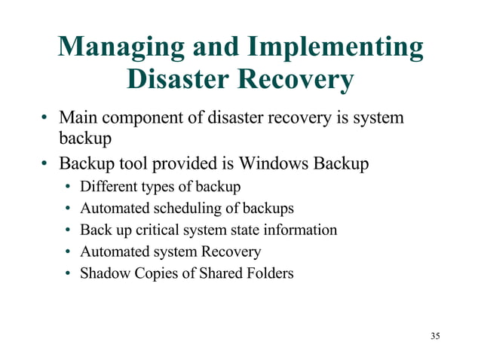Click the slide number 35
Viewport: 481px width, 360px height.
click(435, 335)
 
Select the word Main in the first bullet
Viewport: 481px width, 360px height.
click(78, 118)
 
